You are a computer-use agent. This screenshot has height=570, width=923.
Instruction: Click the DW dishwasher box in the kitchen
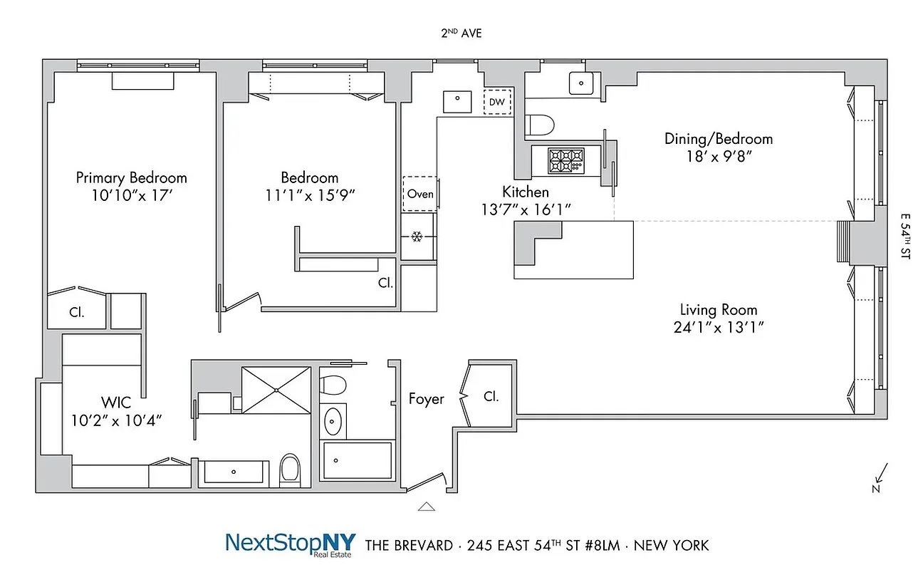(498, 103)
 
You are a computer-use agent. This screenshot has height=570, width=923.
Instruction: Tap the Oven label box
(419, 193)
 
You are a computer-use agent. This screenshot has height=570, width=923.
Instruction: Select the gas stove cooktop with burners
(565, 160)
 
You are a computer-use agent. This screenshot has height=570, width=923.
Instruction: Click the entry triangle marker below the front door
(426, 507)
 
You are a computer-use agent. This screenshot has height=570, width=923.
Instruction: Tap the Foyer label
(427, 399)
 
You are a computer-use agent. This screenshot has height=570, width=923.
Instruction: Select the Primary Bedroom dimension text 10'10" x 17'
(132, 195)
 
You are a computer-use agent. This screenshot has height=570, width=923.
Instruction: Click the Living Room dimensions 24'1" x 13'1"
(719, 328)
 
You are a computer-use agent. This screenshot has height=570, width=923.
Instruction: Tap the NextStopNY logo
(290, 543)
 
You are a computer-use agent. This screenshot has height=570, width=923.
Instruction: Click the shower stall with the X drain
(276, 389)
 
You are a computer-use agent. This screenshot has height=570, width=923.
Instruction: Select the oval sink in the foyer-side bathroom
(333, 422)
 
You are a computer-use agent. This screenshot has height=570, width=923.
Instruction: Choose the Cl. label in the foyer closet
(491, 396)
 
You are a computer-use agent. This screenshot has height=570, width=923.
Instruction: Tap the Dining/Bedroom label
(719, 139)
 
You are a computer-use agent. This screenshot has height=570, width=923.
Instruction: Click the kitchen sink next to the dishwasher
(457, 101)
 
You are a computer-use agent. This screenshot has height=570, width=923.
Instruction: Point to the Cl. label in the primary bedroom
(78, 312)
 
